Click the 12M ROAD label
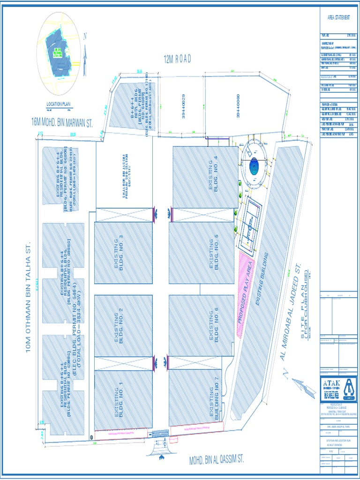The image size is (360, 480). (x=177, y=60)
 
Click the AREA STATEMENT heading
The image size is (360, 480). (x=338, y=17)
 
